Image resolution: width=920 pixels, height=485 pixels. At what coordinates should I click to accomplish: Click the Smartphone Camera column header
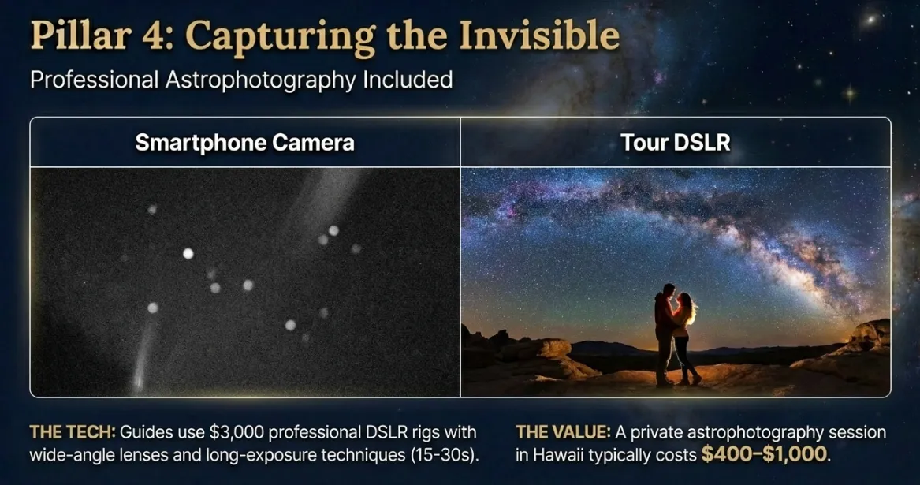click(244, 143)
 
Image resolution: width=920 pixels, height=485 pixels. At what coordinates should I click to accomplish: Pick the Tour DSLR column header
click(675, 143)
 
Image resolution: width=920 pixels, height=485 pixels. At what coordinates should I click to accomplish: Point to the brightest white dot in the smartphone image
click(188, 253)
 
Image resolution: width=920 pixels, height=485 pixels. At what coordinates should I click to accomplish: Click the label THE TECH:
click(73, 433)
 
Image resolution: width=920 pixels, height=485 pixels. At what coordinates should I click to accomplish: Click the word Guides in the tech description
click(144, 433)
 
